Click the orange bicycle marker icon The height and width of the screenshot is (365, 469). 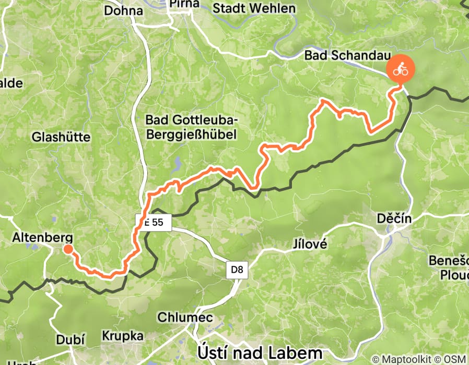pyautogui.click(x=400, y=68)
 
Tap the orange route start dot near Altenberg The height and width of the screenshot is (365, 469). pyautogui.click(x=68, y=249)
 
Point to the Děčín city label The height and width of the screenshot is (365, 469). pyautogui.click(x=394, y=220)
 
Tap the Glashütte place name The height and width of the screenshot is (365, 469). pyautogui.click(x=61, y=137)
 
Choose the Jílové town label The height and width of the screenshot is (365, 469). pyautogui.click(x=309, y=244)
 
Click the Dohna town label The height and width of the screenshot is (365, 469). pyautogui.click(x=123, y=10)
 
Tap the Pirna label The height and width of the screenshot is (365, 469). pyautogui.click(x=183, y=4)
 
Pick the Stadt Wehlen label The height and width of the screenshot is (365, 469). pyautogui.click(x=254, y=8)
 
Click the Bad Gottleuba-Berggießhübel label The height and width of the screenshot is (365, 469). pyautogui.click(x=191, y=128)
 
